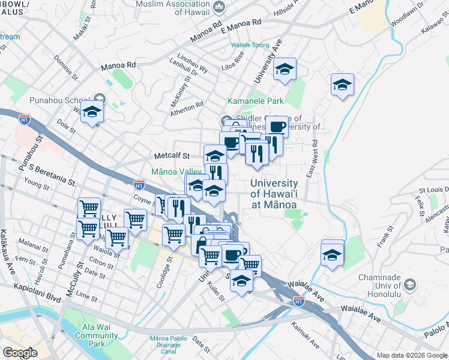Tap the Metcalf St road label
(x=170, y=155)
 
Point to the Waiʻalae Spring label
(x=250, y=45)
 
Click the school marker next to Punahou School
(x=92, y=112)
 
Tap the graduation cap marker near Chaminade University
(x=332, y=254)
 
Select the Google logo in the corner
(x=20, y=352)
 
